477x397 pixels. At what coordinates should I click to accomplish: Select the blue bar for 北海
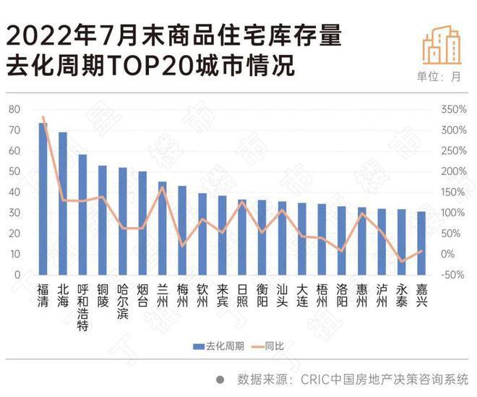(63, 203)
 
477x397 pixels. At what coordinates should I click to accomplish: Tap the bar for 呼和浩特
(82, 215)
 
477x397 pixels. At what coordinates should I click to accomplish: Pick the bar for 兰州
(163, 228)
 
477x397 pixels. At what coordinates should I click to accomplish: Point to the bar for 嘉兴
(421, 243)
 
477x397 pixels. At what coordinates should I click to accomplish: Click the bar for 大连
(302, 239)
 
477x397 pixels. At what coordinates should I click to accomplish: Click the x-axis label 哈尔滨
(123, 300)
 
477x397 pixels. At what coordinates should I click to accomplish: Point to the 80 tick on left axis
(14, 109)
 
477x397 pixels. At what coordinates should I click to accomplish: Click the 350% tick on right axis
(453, 109)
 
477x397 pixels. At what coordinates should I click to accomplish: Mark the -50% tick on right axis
(452, 275)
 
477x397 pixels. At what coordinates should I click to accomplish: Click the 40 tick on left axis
(14, 192)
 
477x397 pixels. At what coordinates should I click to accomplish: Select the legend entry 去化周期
(216, 346)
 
